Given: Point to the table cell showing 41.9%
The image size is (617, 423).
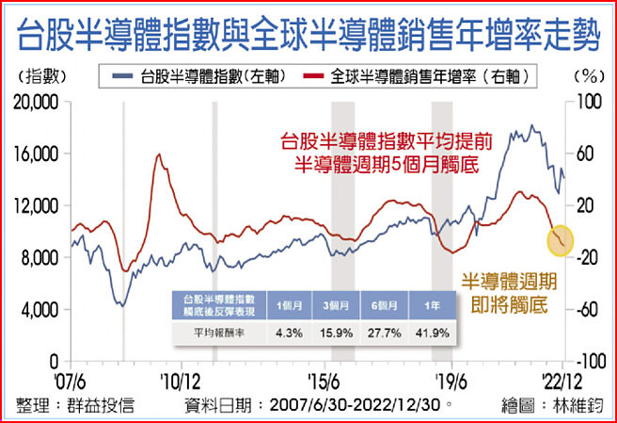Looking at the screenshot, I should point(427,333).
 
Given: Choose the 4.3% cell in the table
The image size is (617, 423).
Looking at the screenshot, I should point(287,333).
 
